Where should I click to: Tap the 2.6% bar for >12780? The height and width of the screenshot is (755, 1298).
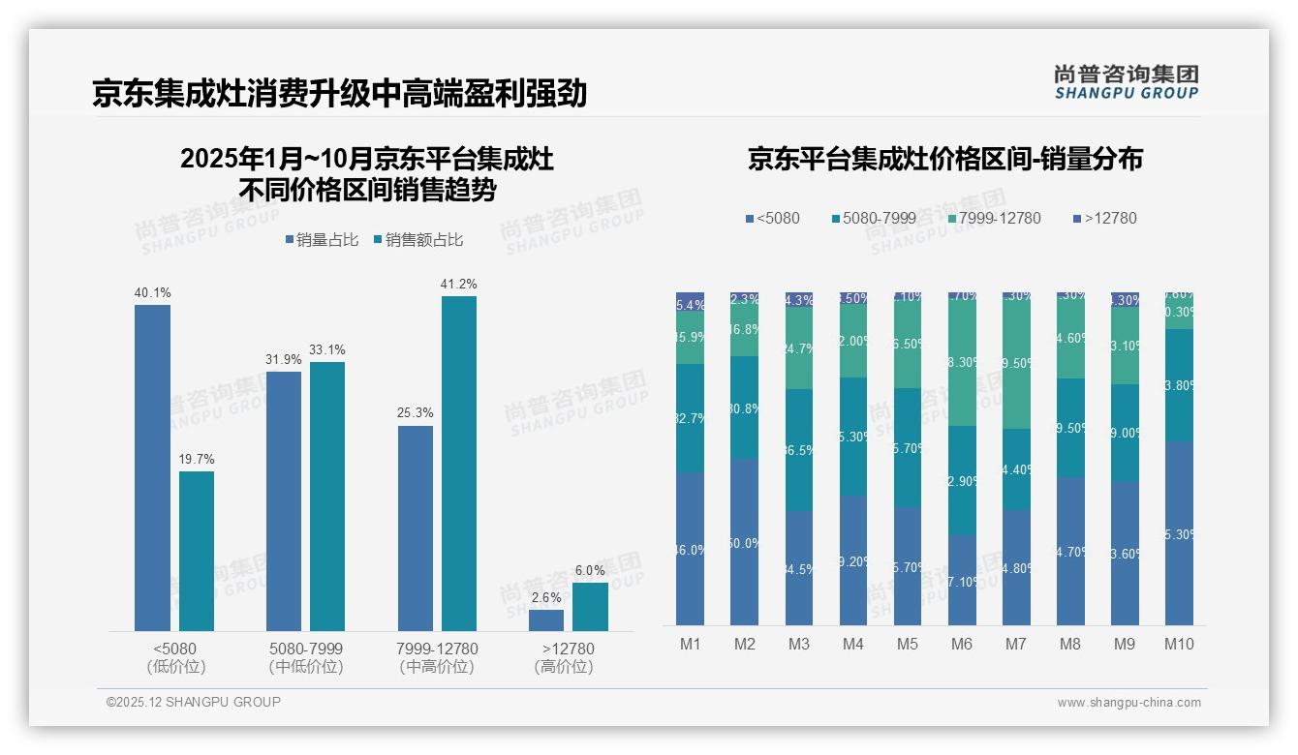(546, 620)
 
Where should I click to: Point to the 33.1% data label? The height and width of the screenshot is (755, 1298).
(327, 350)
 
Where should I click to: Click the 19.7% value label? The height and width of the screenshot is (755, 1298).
(197, 460)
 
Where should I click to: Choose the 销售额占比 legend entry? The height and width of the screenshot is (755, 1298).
(418, 240)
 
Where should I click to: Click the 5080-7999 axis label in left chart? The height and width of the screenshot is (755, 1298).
(306, 649)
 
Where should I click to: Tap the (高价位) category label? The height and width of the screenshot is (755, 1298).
(563, 667)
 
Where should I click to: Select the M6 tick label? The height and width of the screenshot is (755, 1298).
(961, 645)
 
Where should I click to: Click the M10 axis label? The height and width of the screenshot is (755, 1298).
(1179, 645)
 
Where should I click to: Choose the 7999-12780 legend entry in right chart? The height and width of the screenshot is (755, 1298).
(995, 218)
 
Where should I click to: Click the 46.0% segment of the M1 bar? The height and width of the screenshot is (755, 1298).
(691, 549)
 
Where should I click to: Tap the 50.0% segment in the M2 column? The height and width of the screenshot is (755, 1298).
(745, 542)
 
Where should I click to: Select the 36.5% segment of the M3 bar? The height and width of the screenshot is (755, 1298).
(799, 450)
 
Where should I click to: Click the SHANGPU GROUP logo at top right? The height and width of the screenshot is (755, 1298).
(1126, 82)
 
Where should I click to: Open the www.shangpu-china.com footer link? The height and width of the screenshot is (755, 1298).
(1128, 703)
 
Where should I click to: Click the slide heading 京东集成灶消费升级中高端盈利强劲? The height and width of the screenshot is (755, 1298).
(340, 93)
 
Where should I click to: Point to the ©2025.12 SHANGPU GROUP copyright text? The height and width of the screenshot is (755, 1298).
(194, 702)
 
